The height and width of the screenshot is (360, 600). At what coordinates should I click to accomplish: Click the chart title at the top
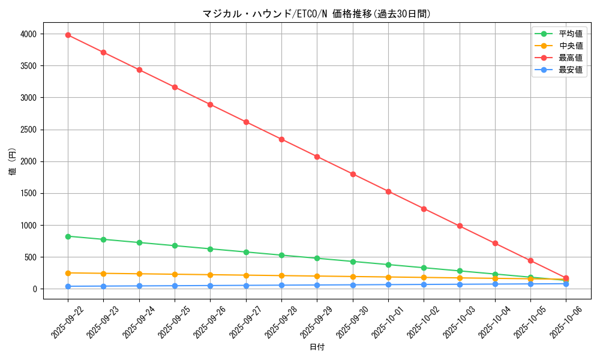pyautogui.click(x=316, y=14)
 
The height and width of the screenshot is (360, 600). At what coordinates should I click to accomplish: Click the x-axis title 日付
pyautogui.click(x=317, y=347)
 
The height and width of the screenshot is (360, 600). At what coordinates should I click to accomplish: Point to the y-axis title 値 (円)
pyautogui.click(x=13, y=161)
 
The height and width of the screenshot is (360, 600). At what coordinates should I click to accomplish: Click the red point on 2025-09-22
pyautogui.click(x=68, y=35)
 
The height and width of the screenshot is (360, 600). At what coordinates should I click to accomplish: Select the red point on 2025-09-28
pyautogui.click(x=281, y=139)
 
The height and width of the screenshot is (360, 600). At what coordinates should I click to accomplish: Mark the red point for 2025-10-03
pyautogui.click(x=460, y=226)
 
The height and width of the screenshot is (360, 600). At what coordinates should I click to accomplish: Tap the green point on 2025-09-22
pyautogui.click(x=68, y=236)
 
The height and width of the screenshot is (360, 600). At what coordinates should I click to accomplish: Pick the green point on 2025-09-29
pyautogui.click(x=317, y=259)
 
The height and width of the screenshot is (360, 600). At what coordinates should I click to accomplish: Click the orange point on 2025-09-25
pyautogui.click(x=175, y=274)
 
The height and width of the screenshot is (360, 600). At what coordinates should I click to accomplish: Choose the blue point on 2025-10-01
pyautogui.click(x=388, y=284)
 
